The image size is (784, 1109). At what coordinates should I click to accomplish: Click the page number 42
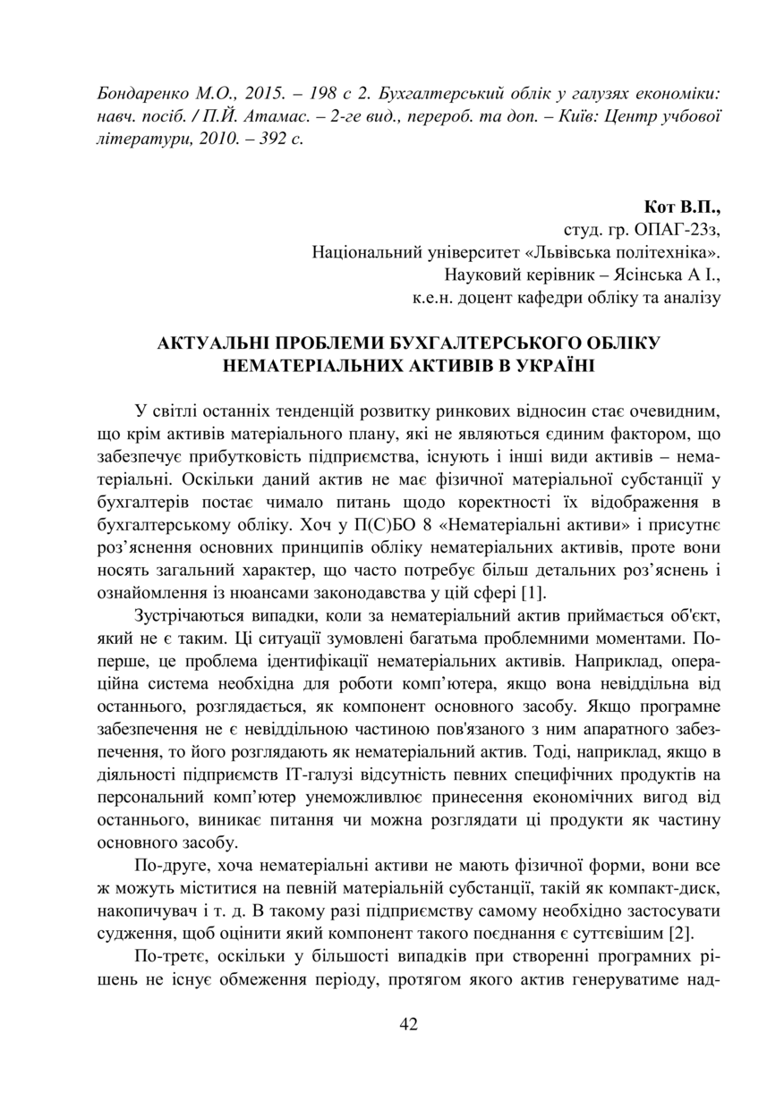(x=408, y=1024)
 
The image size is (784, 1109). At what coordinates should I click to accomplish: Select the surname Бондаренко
(x=139, y=94)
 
